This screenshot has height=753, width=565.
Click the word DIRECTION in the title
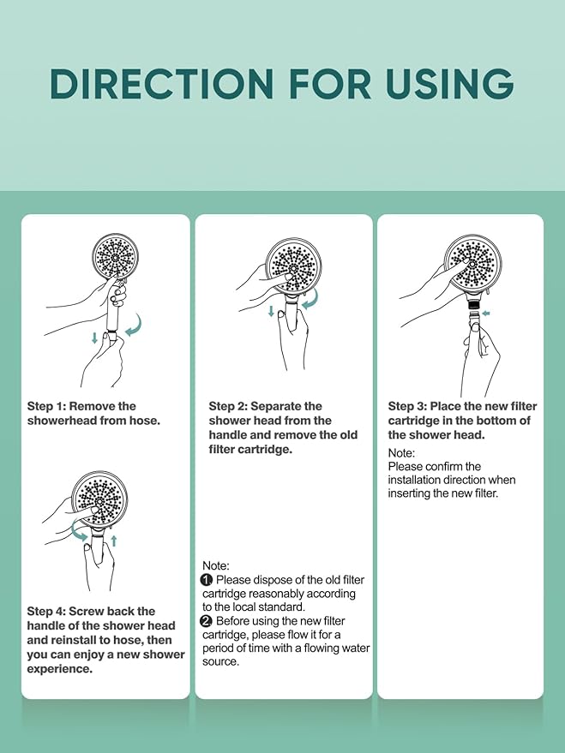pyautogui.click(x=162, y=84)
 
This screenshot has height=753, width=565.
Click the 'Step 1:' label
pyautogui.click(x=46, y=406)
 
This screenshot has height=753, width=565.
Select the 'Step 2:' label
pyautogui.click(x=228, y=406)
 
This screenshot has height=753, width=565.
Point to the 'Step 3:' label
pyautogui.click(x=407, y=406)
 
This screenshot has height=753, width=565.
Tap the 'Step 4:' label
pyautogui.click(x=46, y=612)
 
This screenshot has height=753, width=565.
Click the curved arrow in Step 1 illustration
pyautogui.click(x=135, y=326)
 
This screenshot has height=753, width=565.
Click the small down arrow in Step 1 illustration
pyautogui.click(x=94, y=338)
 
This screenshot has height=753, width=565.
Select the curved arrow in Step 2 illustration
pyautogui.click(x=310, y=300)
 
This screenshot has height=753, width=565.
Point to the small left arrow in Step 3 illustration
pyautogui.click(x=486, y=314)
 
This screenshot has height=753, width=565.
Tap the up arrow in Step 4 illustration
pyautogui.click(x=114, y=541)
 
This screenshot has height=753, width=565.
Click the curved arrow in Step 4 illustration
pyautogui.click(x=79, y=533)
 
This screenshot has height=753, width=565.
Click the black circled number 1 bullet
pyautogui.click(x=207, y=580)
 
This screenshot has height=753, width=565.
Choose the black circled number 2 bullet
pyautogui.click(x=207, y=621)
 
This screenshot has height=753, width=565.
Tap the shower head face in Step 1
pyautogui.click(x=115, y=257)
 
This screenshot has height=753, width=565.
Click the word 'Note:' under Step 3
pyautogui.click(x=401, y=453)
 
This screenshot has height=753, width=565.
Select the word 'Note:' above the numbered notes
pyautogui.click(x=216, y=565)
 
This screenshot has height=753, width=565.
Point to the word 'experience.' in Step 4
pyautogui.click(x=59, y=669)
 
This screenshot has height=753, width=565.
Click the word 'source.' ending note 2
pyautogui.click(x=220, y=661)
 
